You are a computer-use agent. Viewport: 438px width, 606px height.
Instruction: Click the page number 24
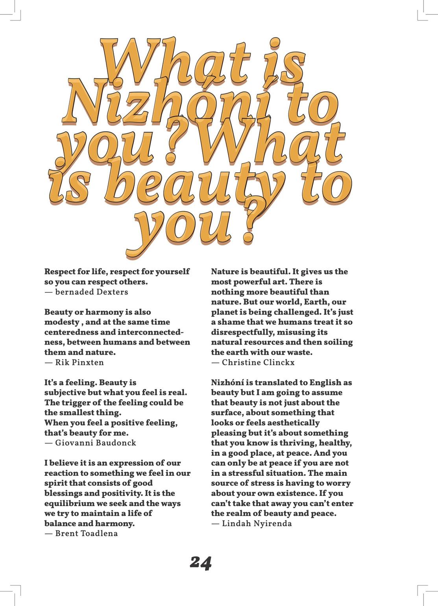(201, 563)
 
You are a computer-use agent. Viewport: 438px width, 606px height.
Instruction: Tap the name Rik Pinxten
(79, 362)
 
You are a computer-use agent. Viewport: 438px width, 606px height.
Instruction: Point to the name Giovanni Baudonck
(96, 443)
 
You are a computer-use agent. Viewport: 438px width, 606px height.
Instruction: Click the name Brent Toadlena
(86, 534)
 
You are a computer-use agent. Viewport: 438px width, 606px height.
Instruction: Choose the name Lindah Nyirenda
(257, 523)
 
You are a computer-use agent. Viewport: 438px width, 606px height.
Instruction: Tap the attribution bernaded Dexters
(91, 292)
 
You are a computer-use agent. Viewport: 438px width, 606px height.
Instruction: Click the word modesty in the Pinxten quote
(61, 322)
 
